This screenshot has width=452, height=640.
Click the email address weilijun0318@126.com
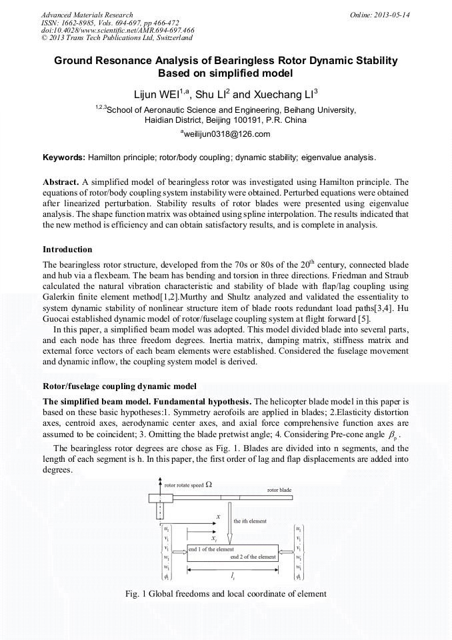click(225, 134)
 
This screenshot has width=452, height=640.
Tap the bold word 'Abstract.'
click(61, 182)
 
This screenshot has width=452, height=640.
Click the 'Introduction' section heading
click(67, 250)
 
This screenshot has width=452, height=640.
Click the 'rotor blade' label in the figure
click(279, 490)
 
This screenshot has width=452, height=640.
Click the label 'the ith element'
click(250, 521)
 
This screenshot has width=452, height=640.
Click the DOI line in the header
click(117, 30)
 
